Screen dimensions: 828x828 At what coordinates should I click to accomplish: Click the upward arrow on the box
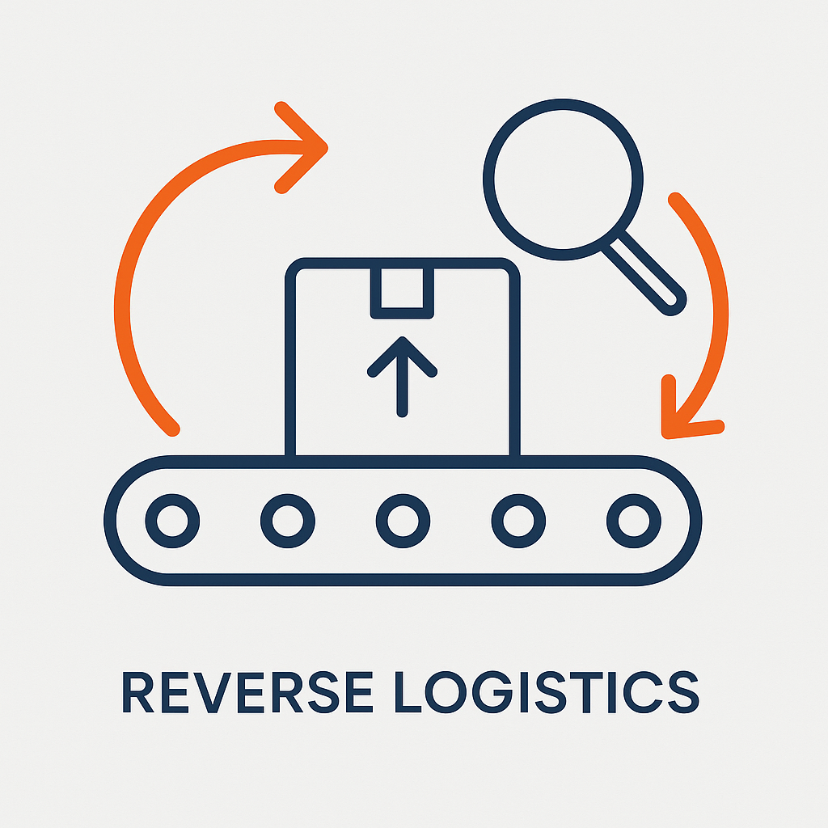(x=402, y=376)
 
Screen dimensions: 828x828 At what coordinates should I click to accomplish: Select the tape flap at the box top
(x=402, y=292)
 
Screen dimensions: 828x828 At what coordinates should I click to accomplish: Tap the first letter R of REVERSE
(x=138, y=692)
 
